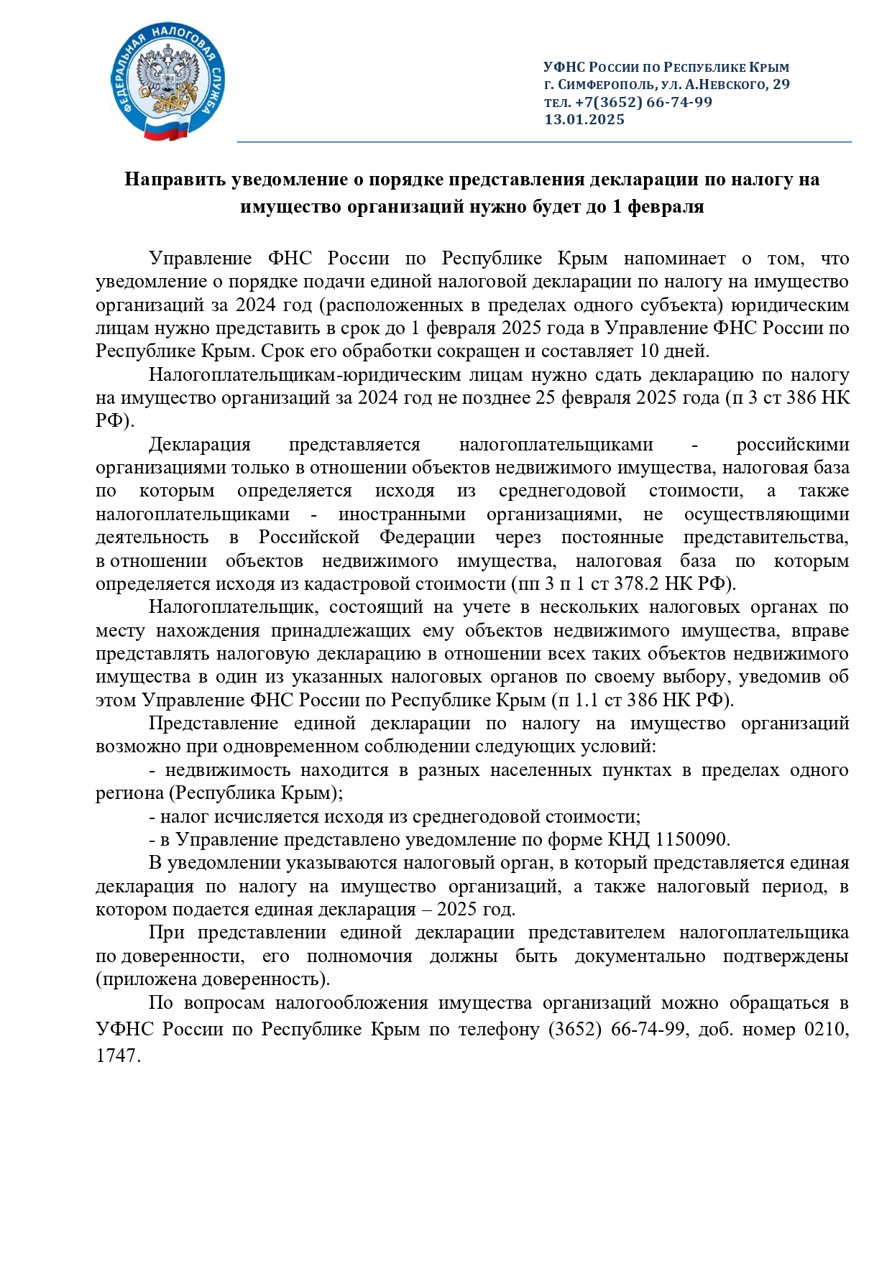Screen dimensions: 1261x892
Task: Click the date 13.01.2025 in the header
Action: coord(584,120)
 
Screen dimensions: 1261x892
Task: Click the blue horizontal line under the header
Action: coord(543,142)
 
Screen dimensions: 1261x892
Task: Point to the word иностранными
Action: coord(402,514)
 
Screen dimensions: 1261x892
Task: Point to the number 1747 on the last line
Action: coord(115,1056)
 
